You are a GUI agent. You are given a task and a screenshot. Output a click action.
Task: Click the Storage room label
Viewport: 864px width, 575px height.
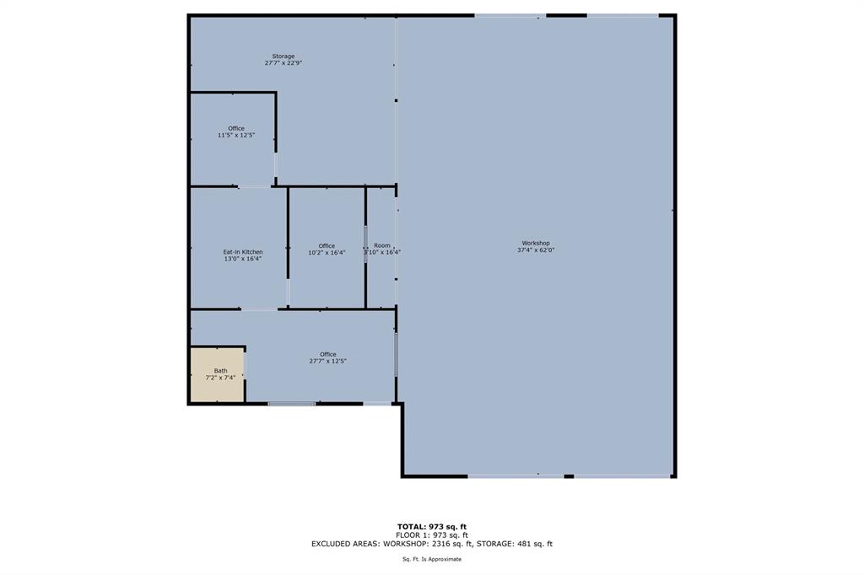[283, 56]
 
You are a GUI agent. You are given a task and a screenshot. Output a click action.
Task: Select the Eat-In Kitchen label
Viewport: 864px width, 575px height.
[243, 252]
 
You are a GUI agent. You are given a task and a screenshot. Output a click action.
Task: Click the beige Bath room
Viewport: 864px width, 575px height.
[217, 374]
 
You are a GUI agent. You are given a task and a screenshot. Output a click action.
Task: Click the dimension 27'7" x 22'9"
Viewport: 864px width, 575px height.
[283, 63]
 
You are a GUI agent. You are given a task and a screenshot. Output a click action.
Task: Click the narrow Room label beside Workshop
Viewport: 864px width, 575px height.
[382, 245]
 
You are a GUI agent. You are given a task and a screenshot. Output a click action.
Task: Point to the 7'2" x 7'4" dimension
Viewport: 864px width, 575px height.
[220, 378]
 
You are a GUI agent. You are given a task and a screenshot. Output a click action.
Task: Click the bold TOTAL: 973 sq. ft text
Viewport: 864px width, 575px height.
[432, 526]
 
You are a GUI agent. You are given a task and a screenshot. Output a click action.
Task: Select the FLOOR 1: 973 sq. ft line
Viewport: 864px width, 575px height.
[432, 535]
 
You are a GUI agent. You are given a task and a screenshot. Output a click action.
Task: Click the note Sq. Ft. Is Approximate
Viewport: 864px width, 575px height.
[432, 559]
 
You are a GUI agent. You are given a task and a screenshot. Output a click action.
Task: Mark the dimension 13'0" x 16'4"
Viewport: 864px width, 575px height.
[243, 260]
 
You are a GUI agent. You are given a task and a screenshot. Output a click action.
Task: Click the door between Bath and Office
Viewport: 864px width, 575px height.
[246, 365]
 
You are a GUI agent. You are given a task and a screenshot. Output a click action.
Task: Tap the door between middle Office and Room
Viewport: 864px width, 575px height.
[365, 245]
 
